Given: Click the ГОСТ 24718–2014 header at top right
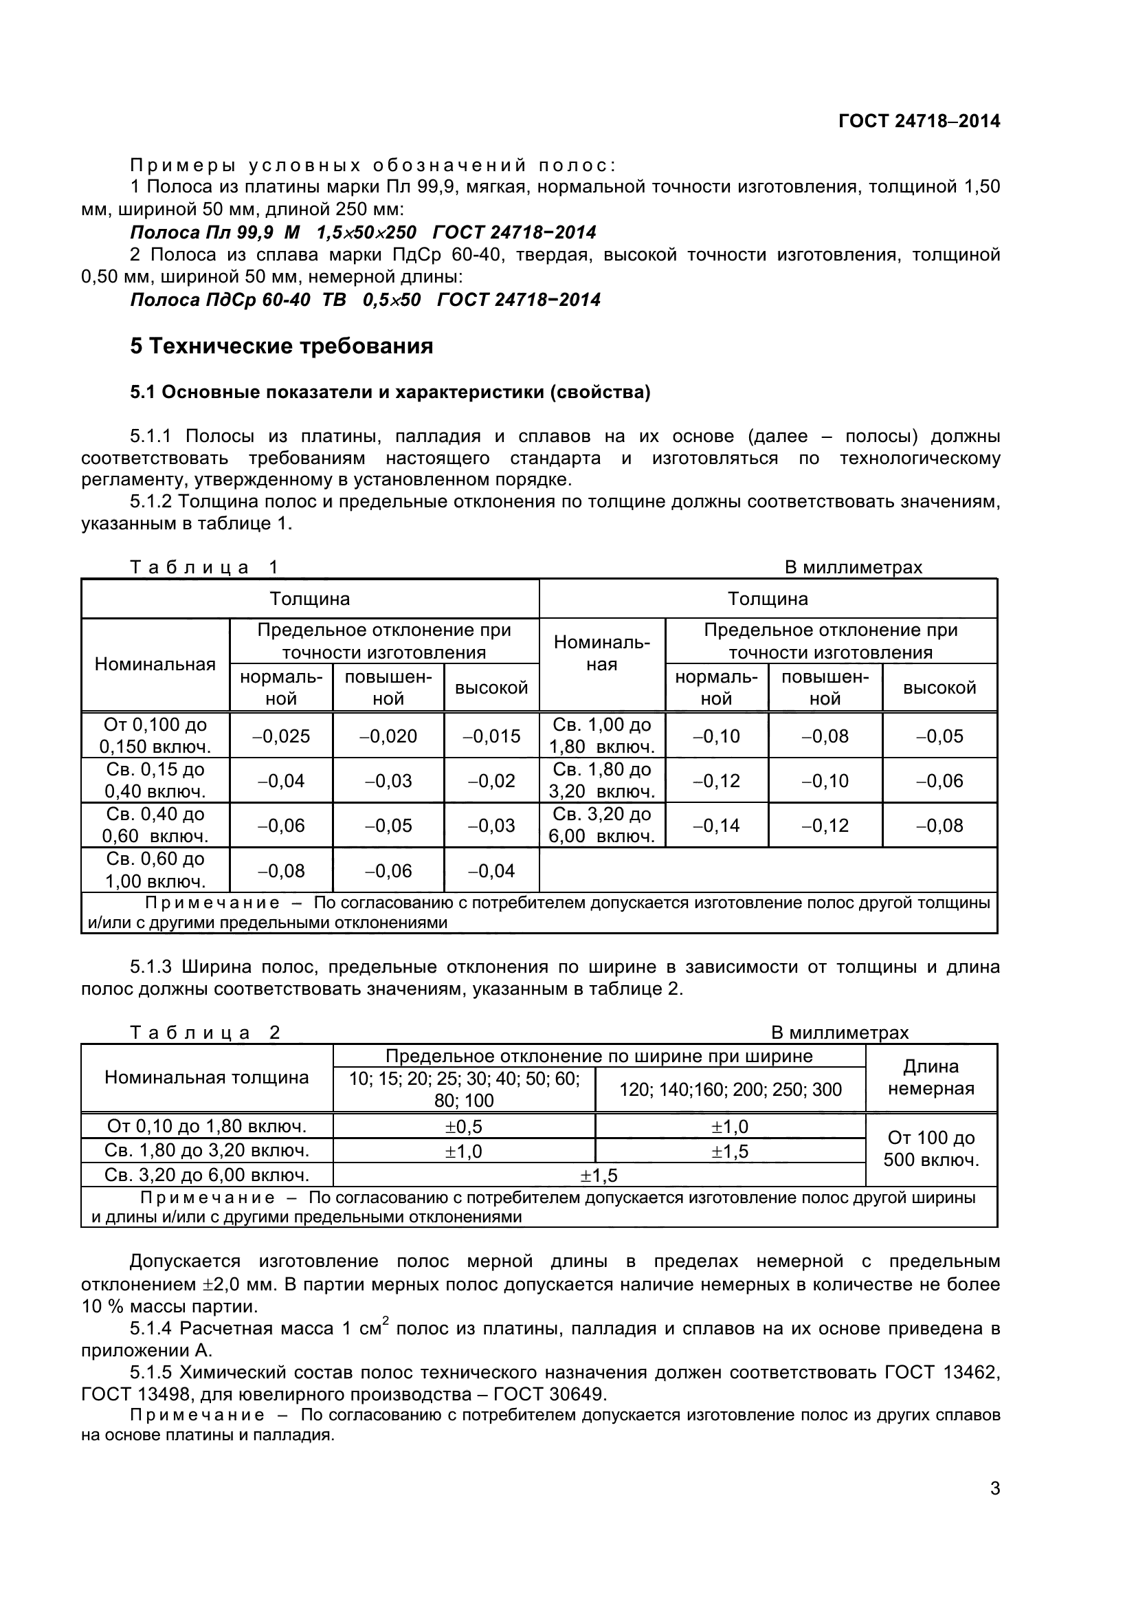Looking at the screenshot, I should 918,121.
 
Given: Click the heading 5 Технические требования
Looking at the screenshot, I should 281,346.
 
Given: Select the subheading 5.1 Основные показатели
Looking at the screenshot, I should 390,392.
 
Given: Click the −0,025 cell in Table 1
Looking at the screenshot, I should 280,736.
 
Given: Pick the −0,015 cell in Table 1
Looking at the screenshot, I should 491,736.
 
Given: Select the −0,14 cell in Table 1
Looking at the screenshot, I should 716,825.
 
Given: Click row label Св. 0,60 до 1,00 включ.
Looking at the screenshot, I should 155,870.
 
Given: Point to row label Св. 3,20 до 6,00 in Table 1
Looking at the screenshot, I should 601,825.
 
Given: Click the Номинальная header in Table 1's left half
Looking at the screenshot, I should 155,664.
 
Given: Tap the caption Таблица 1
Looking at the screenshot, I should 203,566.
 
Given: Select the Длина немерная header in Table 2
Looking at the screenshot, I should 931,1077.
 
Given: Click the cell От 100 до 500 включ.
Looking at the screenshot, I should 931,1149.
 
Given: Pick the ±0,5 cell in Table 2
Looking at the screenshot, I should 463,1126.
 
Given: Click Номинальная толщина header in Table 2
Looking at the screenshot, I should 206,1077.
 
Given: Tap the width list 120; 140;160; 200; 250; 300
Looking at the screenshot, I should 729,1089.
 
